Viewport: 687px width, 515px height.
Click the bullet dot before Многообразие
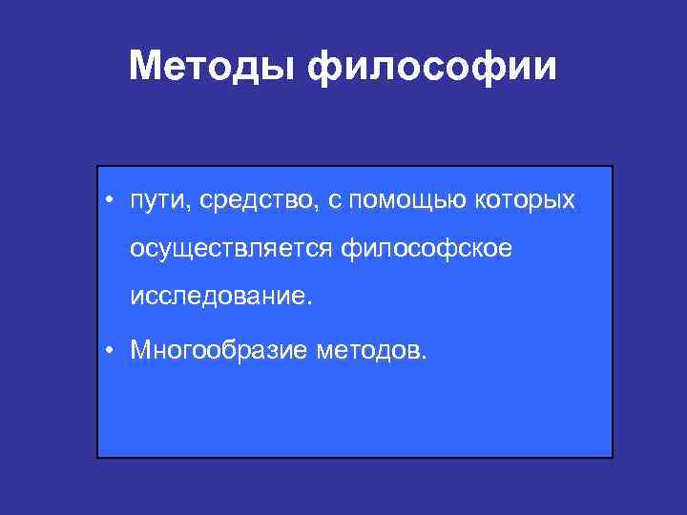pyautogui.click(x=111, y=351)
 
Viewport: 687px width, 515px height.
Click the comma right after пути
pyautogui.click(x=184, y=209)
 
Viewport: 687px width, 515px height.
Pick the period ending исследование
pyautogui.click(x=308, y=303)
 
